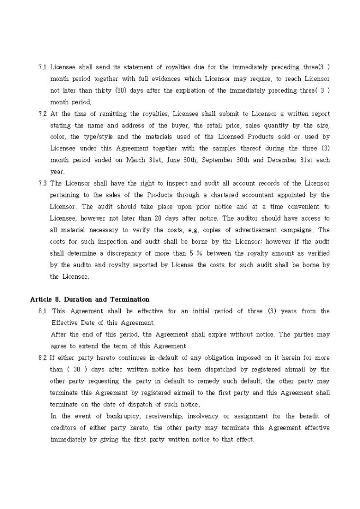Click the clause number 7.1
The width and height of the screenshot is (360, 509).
(42, 67)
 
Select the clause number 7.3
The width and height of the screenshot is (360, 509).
(42, 184)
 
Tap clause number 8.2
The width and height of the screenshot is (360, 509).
(42, 358)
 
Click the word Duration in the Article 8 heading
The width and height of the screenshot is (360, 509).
(81, 299)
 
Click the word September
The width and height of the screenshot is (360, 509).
(218, 160)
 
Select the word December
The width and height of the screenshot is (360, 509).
(282, 160)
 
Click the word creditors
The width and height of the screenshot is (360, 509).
(64, 428)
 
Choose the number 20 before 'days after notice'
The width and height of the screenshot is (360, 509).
(165, 219)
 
